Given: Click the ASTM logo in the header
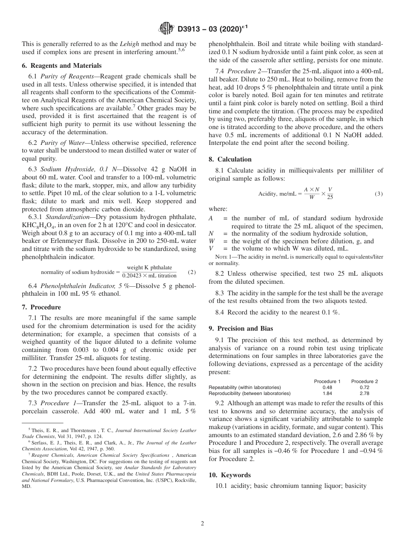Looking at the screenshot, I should pos(166,29).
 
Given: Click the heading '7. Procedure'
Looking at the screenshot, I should pos(41,307).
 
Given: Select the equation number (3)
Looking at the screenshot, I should pos(379,193).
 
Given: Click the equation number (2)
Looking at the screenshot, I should pos(192,271).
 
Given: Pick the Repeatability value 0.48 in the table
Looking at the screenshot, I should pos(327,387).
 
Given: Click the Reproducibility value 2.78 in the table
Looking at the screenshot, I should pos(364,393).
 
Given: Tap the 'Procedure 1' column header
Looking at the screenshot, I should pos(327,381).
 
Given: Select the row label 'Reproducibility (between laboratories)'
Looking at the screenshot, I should pos(249,393).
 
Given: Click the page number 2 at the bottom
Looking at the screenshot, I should pos(202,524).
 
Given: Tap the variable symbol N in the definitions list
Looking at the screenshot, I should pos(211,234).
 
